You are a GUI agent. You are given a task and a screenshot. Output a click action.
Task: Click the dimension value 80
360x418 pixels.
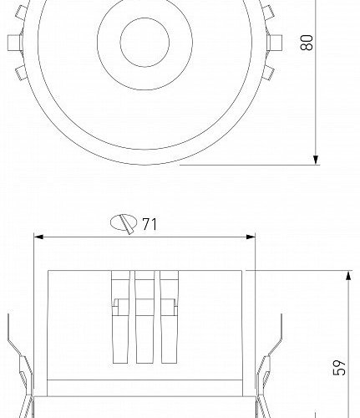[x=307, y=42]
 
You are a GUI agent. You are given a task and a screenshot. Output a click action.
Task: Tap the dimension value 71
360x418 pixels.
[x=150, y=223]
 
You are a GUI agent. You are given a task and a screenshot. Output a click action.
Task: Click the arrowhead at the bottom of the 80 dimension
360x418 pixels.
[x=317, y=158]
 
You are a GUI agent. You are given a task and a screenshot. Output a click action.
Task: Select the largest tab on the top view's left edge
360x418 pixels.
[x=13, y=42]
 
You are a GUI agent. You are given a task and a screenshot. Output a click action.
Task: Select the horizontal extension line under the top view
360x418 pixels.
[x=251, y=165]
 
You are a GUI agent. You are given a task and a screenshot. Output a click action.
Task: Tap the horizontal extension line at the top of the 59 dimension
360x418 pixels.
[x=301, y=270]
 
